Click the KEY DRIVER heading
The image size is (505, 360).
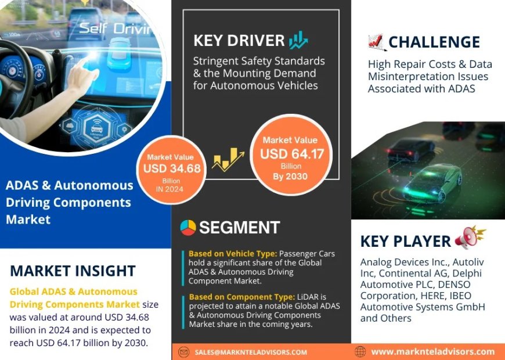[x=239, y=41]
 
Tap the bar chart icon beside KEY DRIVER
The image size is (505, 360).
[x=298, y=40]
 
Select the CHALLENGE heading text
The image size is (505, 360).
[x=434, y=42]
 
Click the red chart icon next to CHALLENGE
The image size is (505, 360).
[x=377, y=42]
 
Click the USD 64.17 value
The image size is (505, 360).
[x=291, y=154]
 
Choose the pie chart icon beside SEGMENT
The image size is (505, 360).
[x=187, y=227]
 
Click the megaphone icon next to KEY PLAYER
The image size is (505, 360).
[x=469, y=237]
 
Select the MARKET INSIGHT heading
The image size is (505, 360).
[x=73, y=271]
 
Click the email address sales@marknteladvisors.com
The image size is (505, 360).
[x=251, y=352]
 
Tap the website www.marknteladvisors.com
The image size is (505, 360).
[x=432, y=351]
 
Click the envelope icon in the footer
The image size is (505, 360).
[x=184, y=352]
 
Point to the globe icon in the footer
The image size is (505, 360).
[x=360, y=351]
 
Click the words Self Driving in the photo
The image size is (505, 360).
[x=114, y=28]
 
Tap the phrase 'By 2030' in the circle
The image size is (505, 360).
[x=290, y=177]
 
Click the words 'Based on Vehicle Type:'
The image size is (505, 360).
[x=232, y=254]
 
